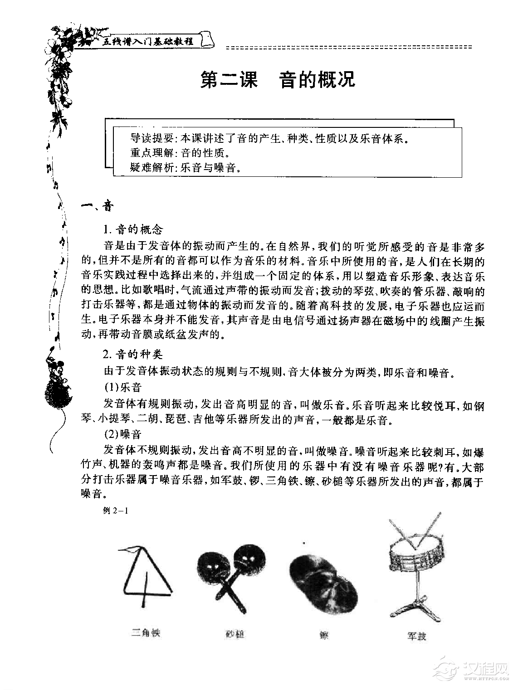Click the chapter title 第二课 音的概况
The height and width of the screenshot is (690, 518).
coord(278,80)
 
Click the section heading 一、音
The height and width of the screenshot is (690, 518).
coord(96,207)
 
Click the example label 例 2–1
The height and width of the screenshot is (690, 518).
coord(117,510)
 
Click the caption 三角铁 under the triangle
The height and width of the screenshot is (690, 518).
coord(146,632)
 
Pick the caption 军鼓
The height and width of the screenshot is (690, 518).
coord(416,636)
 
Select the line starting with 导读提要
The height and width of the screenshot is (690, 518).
coord(269,138)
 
